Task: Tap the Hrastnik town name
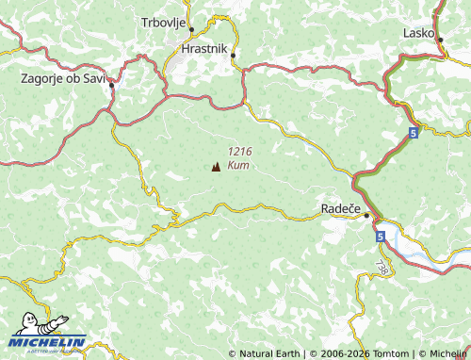[204, 46]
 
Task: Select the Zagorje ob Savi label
[63, 78]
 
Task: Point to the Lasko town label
[418, 32]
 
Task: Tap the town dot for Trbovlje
[191, 30]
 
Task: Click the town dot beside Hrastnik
[232, 55]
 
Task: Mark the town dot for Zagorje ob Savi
[111, 85]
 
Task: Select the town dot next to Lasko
[438, 37]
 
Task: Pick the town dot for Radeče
[366, 215]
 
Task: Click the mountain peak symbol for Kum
[216, 167]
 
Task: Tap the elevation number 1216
[239, 152]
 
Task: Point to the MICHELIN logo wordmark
[49, 343]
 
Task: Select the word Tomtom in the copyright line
[378, 354]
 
